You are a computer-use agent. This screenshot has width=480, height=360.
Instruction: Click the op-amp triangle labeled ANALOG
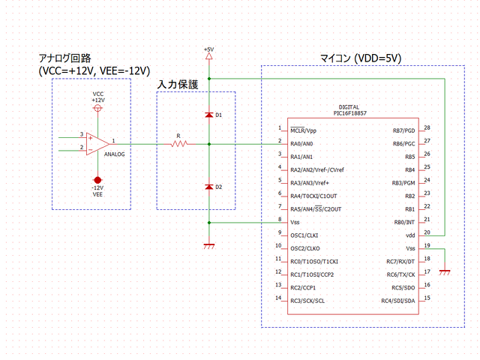click(95, 142)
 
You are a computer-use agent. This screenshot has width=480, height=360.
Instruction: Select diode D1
click(208, 115)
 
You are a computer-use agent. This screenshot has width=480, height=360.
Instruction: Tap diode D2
click(208, 186)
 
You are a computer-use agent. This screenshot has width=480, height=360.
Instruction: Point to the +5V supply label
click(208, 49)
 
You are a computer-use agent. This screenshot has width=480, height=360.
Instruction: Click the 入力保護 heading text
click(177, 85)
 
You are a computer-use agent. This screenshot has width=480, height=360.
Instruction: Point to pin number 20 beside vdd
click(427, 233)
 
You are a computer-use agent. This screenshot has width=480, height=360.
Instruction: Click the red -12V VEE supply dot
click(97, 179)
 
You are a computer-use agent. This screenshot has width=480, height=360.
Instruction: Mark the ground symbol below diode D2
click(208, 245)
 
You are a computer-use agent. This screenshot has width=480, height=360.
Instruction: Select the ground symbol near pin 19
click(445, 272)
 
